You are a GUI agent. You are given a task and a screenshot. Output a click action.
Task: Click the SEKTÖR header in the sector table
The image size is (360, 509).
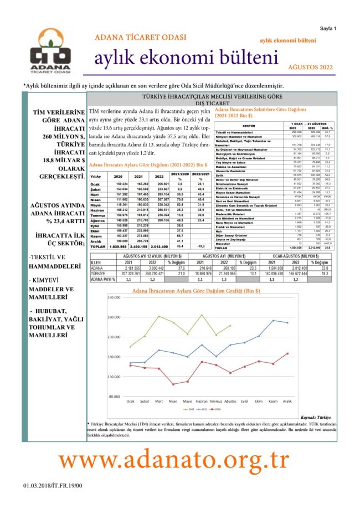[x=249, y=126]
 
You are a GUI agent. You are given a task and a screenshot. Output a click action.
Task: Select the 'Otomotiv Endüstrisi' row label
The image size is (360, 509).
[x=232, y=171]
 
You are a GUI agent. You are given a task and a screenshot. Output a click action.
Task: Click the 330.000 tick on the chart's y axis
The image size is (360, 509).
[x=113, y=297]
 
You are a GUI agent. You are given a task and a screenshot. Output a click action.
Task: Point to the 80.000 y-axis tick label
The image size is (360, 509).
[x=114, y=396]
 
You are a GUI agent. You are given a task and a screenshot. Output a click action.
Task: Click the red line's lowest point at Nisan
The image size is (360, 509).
[x=173, y=384]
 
